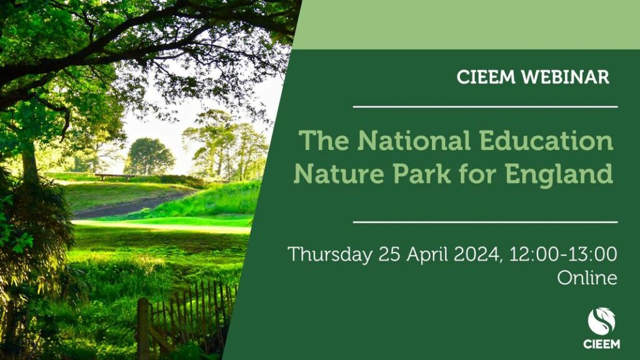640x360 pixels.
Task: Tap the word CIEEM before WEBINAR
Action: [486, 77]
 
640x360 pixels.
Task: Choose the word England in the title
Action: [559, 174]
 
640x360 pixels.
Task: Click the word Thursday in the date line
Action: [330, 255]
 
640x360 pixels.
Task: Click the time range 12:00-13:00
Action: [562, 254]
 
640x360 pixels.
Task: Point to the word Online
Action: [587, 278]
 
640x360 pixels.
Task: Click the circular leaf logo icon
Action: [602, 322]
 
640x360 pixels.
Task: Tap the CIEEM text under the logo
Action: [602, 344]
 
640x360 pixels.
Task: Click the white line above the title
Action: [485, 107]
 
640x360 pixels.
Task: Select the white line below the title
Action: [485, 222]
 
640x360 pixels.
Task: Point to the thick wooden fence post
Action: [143, 329]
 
